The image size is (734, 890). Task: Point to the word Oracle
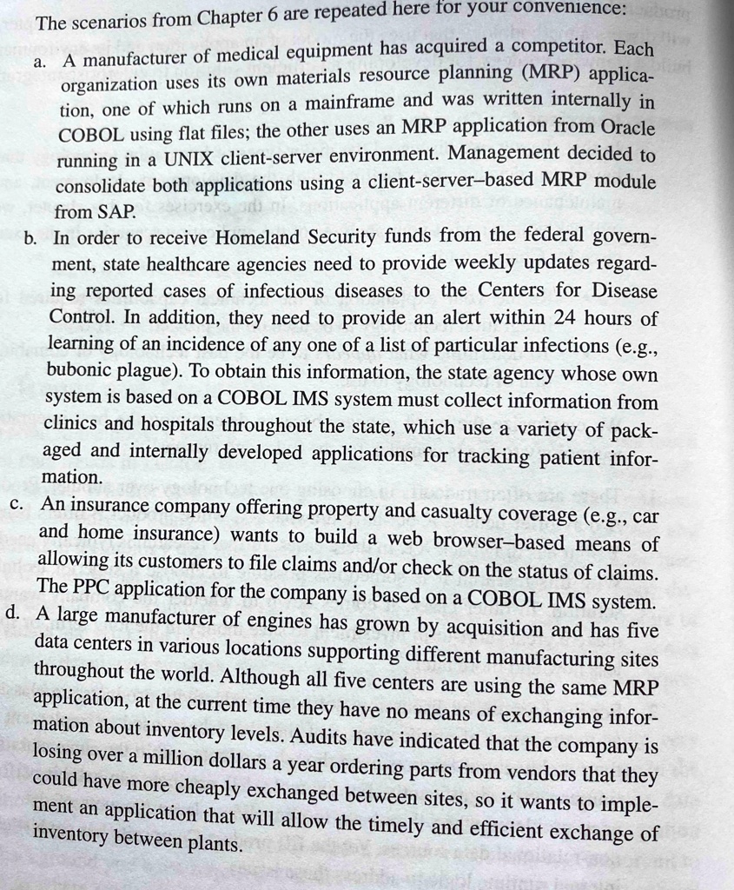(x=628, y=127)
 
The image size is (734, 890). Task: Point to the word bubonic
(x=84, y=371)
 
